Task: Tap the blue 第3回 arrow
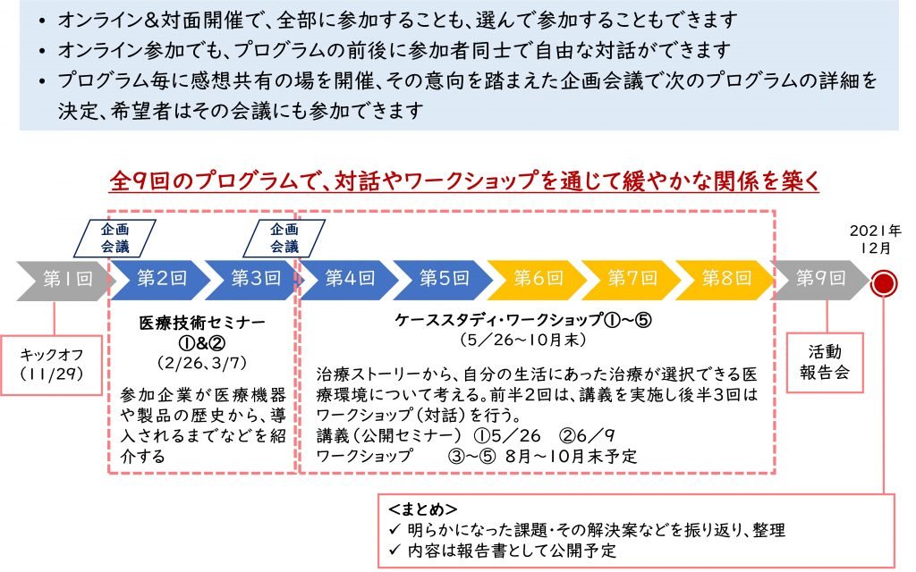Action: click(252, 279)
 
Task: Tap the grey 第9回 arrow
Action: click(820, 279)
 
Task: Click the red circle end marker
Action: click(884, 284)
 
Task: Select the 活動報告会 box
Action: click(825, 362)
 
